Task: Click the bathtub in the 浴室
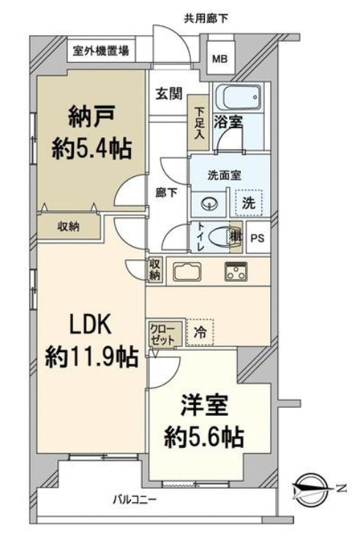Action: pyautogui.click(x=241, y=97)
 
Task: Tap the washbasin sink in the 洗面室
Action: pyautogui.click(x=209, y=205)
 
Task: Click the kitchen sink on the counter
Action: pyautogui.click(x=187, y=272)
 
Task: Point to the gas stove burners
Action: pyautogui.click(x=236, y=272)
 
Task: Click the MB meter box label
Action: pyautogui.click(x=220, y=59)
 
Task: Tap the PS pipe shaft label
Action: pyautogui.click(x=258, y=238)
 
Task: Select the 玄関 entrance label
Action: pyautogui.click(x=169, y=93)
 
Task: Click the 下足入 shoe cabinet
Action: pyautogui.click(x=198, y=122)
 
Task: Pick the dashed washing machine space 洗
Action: pyautogui.click(x=249, y=203)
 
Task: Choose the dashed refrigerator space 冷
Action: pyautogui.click(x=200, y=332)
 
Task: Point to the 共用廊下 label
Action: pyautogui.click(x=206, y=18)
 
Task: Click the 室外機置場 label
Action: pyautogui.click(x=101, y=51)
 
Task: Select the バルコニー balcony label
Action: pyautogui.click(x=135, y=499)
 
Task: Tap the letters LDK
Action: pyautogui.click(x=91, y=324)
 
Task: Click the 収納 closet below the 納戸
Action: pyautogui.click(x=69, y=226)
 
